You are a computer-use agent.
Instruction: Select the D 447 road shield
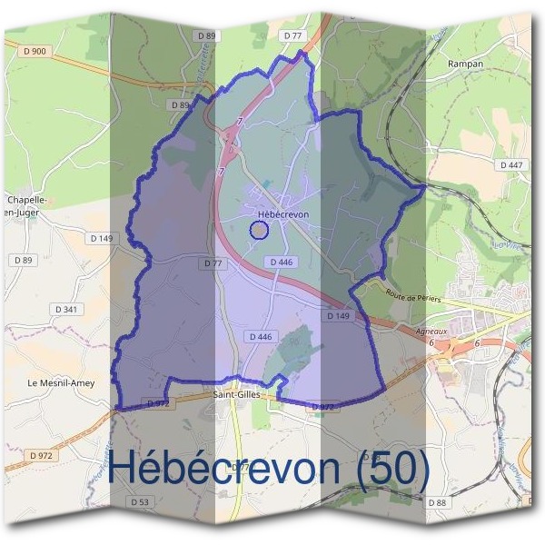tap(511, 164)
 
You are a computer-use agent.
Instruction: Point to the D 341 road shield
tap(66, 309)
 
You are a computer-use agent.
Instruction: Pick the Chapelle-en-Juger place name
tap(26, 204)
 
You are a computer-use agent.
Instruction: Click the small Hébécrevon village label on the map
tap(283, 213)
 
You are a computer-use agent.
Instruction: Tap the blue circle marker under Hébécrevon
tap(259, 230)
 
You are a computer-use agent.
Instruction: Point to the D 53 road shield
tap(139, 501)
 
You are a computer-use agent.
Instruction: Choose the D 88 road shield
tap(437, 502)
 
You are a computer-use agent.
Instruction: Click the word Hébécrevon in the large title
tap(223, 467)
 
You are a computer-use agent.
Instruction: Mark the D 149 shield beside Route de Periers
tap(338, 315)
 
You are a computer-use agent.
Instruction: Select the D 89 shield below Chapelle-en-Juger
tap(23, 260)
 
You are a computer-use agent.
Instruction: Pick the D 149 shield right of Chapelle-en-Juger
tap(102, 238)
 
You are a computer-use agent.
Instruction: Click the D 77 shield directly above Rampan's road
tap(292, 35)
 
